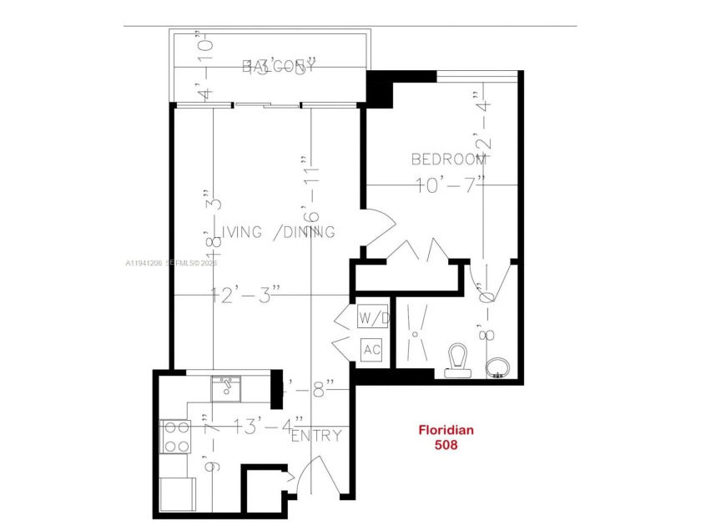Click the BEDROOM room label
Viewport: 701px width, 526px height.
click(x=448, y=159)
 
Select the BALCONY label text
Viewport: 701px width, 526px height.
click(x=279, y=67)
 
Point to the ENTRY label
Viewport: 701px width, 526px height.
click(x=316, y=435)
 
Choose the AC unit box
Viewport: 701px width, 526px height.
click(x=371, y=349)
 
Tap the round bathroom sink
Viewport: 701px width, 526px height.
click(x=498, y=368)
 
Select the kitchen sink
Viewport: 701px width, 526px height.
click(x=225, y=387)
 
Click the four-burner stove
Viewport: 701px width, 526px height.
click(x=174, y=435)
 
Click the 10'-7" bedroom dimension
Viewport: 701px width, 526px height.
click(x=451, y=185)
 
